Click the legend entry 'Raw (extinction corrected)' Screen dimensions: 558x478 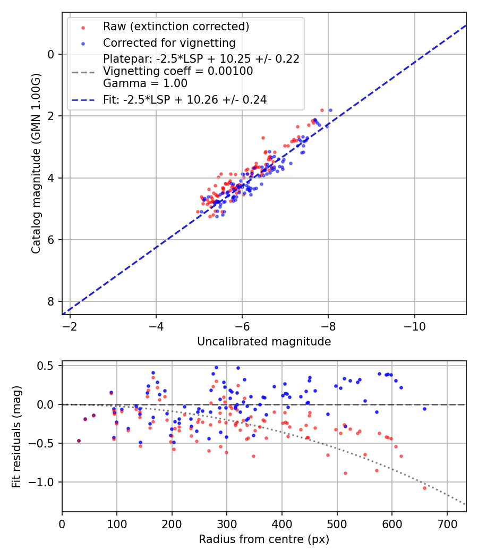(176, 27)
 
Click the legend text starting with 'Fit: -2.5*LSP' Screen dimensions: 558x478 (185, 99)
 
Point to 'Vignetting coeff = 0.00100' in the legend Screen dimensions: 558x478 (178, 71)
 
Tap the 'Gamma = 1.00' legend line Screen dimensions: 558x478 (145, 83)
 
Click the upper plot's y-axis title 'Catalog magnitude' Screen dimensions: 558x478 (36, 163)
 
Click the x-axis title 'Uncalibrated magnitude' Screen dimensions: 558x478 (264, 342)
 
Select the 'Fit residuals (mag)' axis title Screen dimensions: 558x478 (16, 436)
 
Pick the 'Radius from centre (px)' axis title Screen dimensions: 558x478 (264, 539)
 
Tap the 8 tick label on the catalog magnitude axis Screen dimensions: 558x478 (51, 301)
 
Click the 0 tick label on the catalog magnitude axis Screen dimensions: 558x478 (51, 54)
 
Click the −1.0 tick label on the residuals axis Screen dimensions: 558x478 (45, 482)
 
